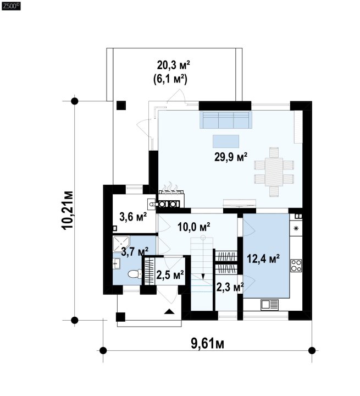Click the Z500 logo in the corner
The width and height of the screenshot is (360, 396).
pyautogui.click(x=11, y=6)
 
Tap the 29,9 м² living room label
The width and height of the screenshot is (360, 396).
pyautogui.click(x=230, y=157)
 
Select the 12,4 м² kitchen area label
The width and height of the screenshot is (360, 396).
pyautogui.click(x=263, y=258)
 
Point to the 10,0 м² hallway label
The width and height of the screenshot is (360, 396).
pyautogui.click(x=194, y=227)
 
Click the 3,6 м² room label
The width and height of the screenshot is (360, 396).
pyautogui.click(x=133, y=217)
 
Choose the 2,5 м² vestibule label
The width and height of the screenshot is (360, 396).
pyautogui.click(x=170, y=275)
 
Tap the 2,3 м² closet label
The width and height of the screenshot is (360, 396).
pyautogui.click(x=230, y=287)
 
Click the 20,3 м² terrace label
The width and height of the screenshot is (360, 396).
pyautogui.click(x=174, y=65)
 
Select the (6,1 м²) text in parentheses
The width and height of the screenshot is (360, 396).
pyautogui.click(x=170, y=79)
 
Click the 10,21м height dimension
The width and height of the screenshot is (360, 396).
pyautogui.click(x=68, y=210)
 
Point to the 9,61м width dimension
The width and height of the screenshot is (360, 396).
pyautogui.click(x=208, y=344)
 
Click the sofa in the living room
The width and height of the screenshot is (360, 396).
pyautogui.click(x=226, y=120)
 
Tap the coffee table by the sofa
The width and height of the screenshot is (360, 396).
pyautogui.click(x=226, y=141)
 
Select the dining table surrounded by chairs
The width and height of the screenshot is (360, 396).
pyautogui.click(x=274, y=172)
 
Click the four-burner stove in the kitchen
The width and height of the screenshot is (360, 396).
pyautogui.click(x=296, y=266)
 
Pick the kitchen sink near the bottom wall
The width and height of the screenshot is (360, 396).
pyautogui.click(x=269, y=304)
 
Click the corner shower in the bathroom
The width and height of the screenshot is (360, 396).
pyautogui.click(x=121, y=244)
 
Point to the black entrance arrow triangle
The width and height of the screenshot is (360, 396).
pyautogui.click(x=169, y=311)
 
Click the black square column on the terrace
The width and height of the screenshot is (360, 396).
pyautogui.click(x=121, y=105)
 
